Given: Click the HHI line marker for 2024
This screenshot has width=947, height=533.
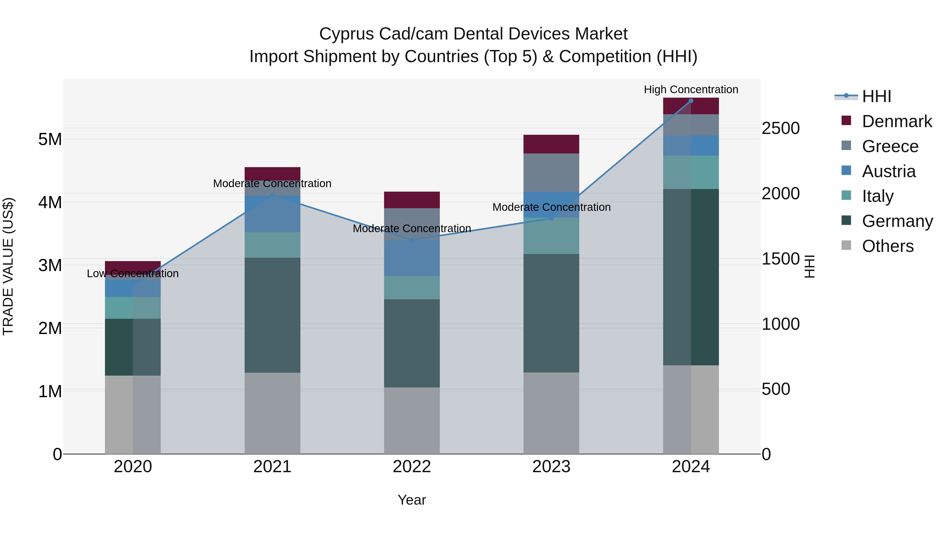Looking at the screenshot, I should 691,101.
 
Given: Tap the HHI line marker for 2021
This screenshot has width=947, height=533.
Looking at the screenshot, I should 273,195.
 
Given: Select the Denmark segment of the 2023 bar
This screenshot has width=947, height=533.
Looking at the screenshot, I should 551,144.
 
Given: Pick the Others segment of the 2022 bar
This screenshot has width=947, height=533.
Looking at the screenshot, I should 412,420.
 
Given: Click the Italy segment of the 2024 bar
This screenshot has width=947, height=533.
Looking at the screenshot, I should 691,172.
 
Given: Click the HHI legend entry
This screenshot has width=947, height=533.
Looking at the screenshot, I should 877,96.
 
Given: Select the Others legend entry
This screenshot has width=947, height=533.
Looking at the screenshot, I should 888,246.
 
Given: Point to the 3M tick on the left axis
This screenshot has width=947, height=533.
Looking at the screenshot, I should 50,265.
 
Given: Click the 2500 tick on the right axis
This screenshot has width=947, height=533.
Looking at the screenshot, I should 780,128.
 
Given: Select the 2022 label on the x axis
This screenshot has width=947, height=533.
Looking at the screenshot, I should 412,467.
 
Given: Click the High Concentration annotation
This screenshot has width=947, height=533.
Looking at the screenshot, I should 691,89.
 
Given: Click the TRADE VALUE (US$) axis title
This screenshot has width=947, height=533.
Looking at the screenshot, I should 8,266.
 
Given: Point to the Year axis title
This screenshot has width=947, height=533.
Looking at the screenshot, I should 412,500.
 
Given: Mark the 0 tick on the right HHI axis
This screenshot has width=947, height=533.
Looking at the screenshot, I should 767,454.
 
